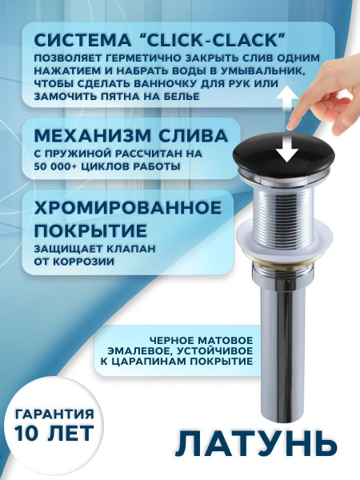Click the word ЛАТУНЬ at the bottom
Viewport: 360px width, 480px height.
251,442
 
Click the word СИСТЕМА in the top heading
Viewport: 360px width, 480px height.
82,38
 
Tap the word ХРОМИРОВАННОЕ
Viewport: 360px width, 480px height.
127,207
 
